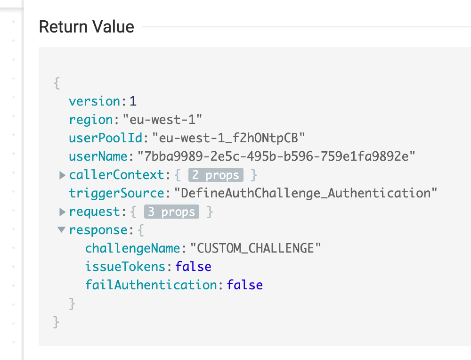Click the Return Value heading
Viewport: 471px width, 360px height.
[x=86, y=27]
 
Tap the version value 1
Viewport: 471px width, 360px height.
[x=133, y=101]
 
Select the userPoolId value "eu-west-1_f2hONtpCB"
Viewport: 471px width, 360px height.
[x=229, y=138]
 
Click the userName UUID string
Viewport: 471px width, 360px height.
[x=276, y=156]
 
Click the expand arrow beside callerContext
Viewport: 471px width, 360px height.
[x=62, y=175]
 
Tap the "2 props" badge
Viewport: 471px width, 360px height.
[x=216, y=175]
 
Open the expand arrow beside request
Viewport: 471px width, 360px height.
[x=62, y=212]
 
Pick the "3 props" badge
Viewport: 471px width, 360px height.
[x=171, y=212]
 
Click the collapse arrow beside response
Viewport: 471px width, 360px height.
[x=62, y=230]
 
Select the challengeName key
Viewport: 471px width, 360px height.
[x=133, y=248]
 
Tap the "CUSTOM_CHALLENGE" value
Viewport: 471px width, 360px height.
[x=255, y=248]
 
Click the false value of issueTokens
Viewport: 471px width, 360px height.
[x=193, y=267]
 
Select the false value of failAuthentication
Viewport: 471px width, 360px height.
[x=244, y=285]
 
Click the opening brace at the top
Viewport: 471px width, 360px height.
[x=57, y=83]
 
